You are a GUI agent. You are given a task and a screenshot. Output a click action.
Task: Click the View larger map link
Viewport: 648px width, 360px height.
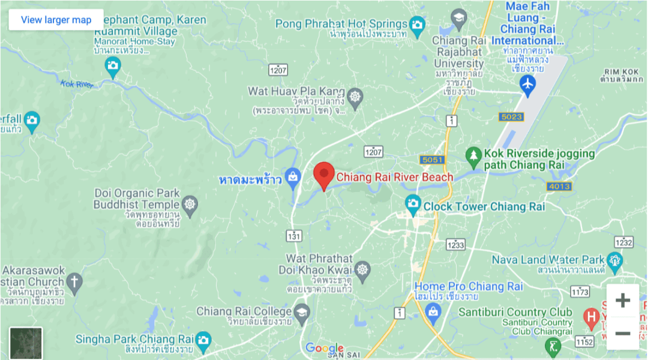(56, 20)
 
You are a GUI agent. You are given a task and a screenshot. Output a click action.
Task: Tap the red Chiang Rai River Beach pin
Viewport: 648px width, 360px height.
(325, 175)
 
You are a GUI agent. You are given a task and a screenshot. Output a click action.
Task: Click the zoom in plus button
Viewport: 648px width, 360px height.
(623, 301)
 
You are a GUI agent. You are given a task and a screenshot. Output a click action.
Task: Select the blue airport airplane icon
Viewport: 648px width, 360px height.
(528, 85)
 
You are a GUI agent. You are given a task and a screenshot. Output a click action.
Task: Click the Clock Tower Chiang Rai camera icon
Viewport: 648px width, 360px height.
(413, 205)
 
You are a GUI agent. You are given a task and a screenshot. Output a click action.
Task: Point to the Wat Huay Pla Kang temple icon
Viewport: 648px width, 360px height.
(355, 97)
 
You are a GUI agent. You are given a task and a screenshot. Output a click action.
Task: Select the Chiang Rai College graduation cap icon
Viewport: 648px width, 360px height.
(302, 311)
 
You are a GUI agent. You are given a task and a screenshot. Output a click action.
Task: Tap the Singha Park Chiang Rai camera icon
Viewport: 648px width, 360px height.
(203, 340)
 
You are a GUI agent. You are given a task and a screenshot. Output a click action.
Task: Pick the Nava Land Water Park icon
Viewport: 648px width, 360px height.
(614, 260)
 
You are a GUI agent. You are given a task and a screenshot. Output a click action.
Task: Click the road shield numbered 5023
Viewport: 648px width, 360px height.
(511, 116)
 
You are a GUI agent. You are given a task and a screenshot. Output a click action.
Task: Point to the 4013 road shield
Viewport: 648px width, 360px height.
(559, 187)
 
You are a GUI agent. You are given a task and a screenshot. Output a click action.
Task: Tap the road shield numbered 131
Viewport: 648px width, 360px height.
(294, 236)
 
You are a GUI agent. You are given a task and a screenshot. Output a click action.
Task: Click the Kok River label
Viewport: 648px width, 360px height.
(77, 85)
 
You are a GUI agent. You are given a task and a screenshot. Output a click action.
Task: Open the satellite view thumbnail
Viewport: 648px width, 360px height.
(26, 343)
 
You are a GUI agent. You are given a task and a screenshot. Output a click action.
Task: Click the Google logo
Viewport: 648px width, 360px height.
(324, 348)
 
